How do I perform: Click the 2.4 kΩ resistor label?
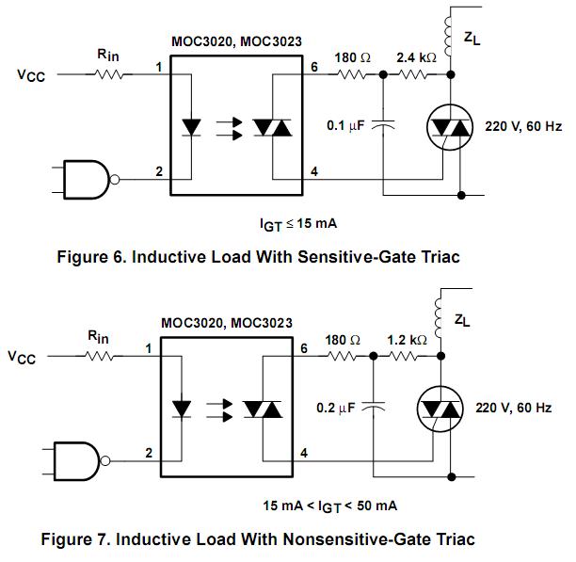(417, 57)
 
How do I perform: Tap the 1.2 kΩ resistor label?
(407, 340)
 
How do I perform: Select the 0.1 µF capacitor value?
(345, 125)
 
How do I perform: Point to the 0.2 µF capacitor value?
(336, 408)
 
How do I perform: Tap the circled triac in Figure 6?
(450, 127)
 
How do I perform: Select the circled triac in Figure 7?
(440, 409)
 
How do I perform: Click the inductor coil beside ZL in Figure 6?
(448, 37)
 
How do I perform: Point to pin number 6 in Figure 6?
(314, 67)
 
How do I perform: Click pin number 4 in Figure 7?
(304, 453)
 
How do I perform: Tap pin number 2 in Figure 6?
(159, 171)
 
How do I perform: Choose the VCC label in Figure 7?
(22, 357)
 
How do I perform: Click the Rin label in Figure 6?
(108, 56)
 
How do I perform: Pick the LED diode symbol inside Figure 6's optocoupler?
(191, 127)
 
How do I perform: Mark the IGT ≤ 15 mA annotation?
(298, 224)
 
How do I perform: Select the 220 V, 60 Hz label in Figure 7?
(514, 408)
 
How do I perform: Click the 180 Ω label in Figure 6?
(352, 57)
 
